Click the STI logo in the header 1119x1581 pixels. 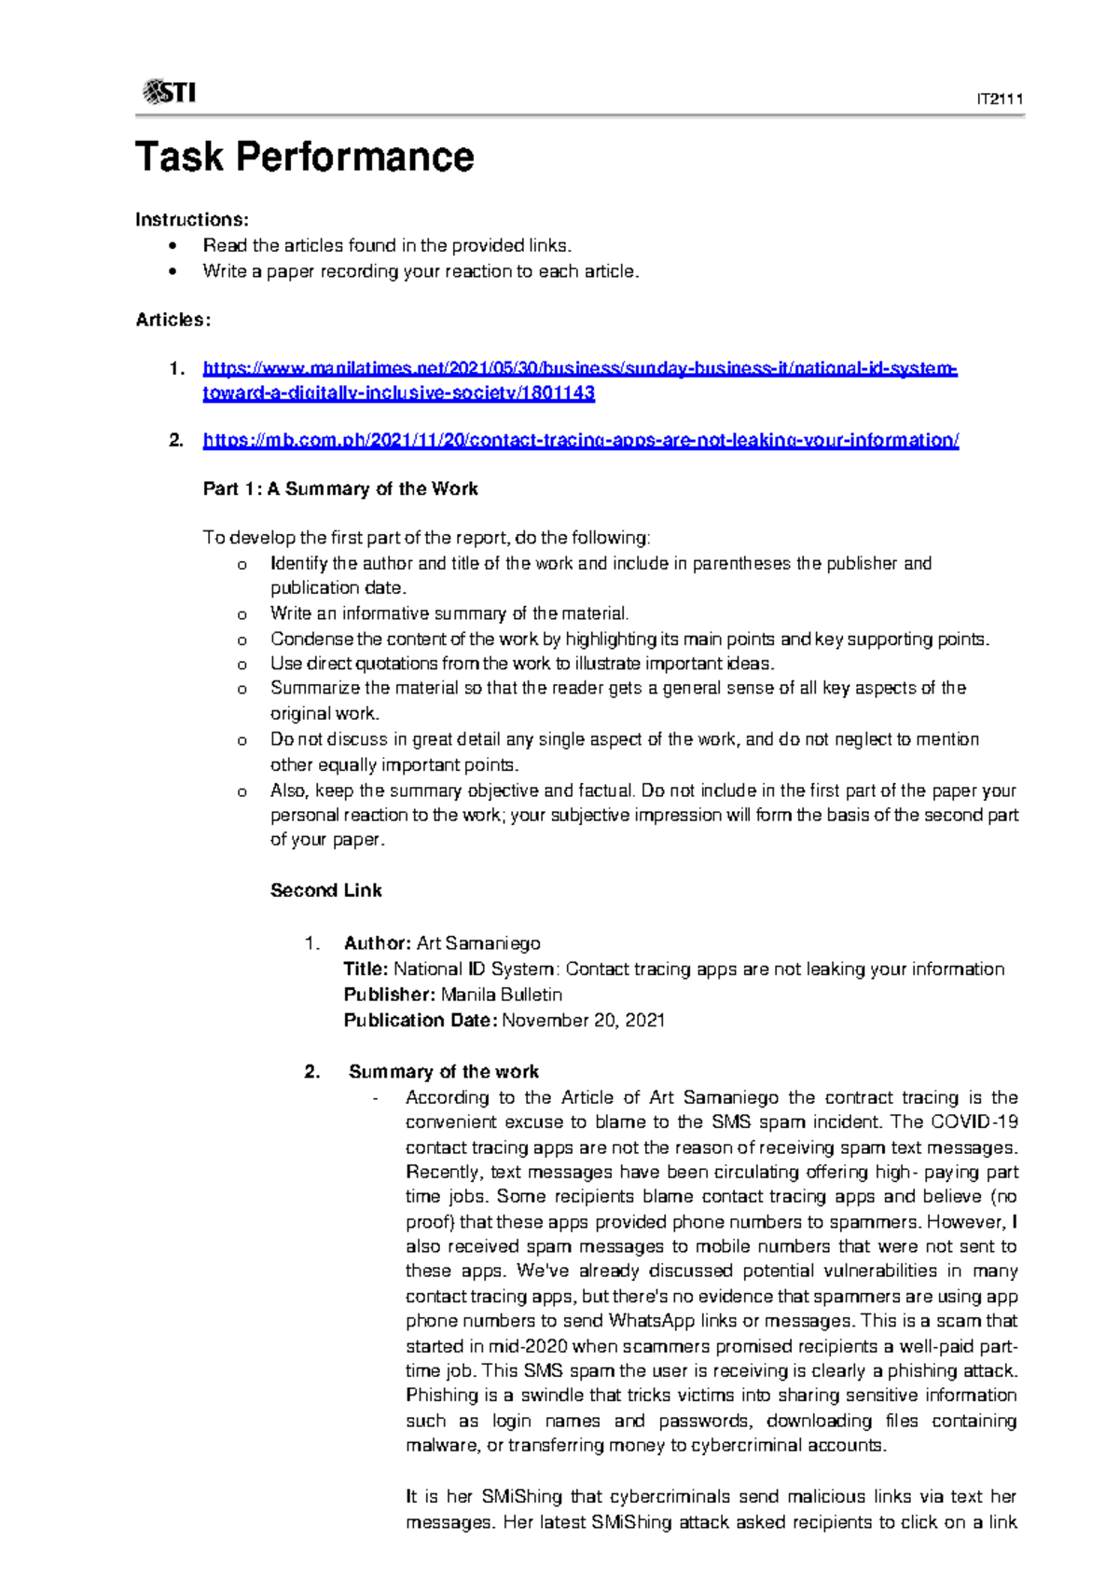coord(169,91)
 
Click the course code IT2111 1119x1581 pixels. coord(1000,99)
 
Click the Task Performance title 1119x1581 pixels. coord(304,157)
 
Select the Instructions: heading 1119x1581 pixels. coord(192,220)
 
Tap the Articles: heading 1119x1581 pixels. coord(173,320)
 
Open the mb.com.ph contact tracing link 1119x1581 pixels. coord(580,440)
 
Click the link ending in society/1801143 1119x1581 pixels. coord(398,392)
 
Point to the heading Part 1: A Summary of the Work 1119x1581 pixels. coord(340,488)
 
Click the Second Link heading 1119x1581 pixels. coord(325,890)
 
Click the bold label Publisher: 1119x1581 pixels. coord(390,995)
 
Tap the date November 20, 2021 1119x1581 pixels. coord(583,1020)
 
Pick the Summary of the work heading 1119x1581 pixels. coord(443,1072)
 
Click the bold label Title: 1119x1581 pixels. coord(366,969)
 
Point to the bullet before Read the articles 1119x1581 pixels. coord(172,246)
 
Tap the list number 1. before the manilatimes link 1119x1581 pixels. coord(176,369)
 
